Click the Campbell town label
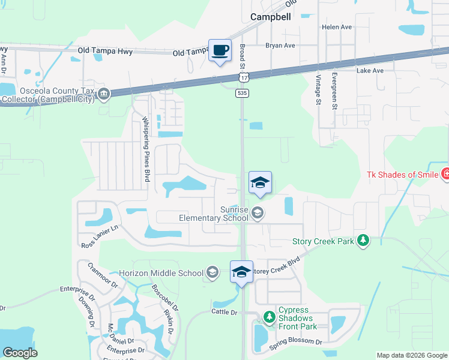270,17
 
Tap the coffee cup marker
220,50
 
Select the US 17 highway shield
243,79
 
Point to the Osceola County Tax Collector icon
103,94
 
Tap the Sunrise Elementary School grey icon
258,213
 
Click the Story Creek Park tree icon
363,241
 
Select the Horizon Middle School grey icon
211,273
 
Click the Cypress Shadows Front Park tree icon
268,316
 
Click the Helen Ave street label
337,27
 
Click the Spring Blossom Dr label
295,342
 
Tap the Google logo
20,352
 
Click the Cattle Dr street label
224,312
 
